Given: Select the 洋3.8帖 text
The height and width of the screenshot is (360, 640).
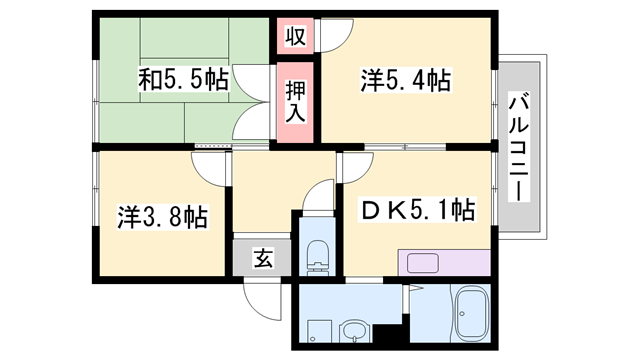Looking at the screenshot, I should (162, 215).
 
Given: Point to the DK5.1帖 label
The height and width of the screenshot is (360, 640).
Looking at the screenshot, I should (418, 210).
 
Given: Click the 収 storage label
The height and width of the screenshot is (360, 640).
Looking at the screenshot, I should (295, 37).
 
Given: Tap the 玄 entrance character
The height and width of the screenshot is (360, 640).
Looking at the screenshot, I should (262, 258).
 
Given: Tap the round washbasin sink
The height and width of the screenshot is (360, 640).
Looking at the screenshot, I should (354, 330).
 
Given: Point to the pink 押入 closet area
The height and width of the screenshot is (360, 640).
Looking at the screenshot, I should (297, 100).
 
